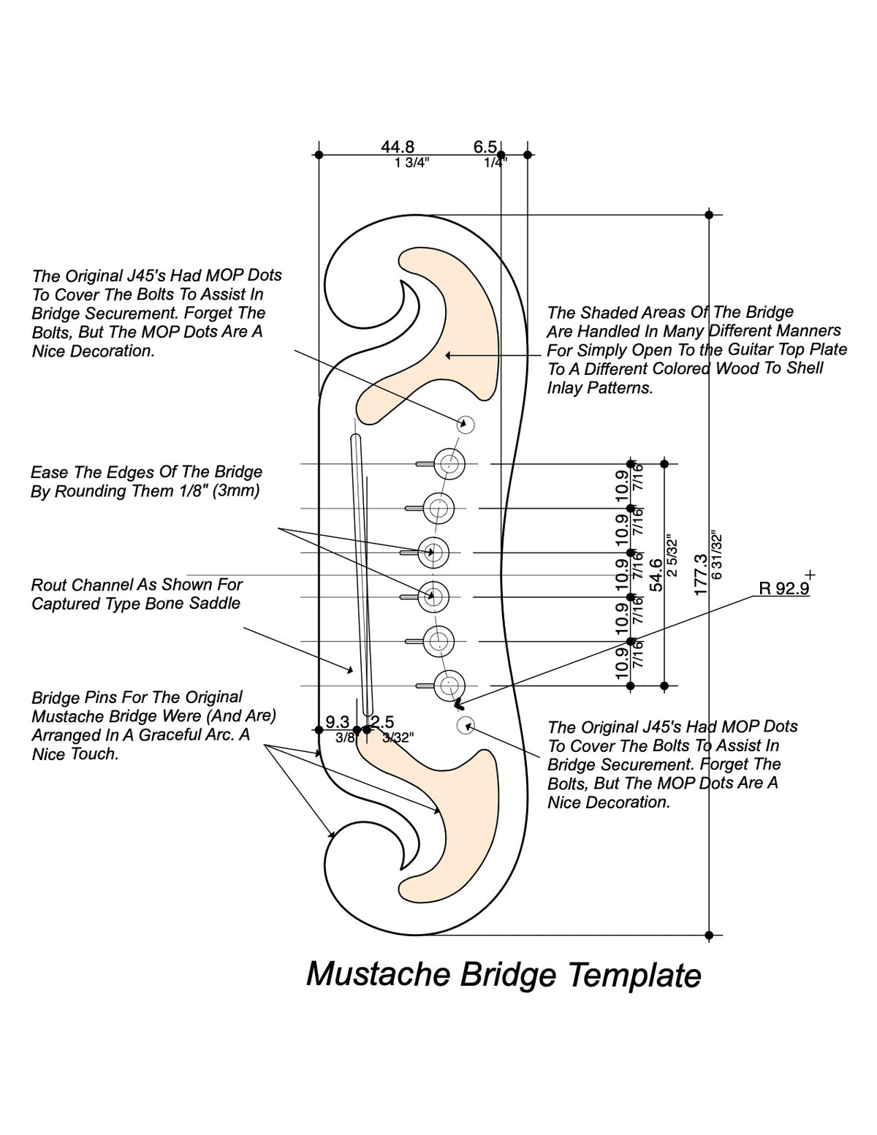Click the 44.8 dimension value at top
coord(398,147)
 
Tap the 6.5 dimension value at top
coord(485,147)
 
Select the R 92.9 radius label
coord(783,588)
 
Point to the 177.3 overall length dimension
coord(700,574)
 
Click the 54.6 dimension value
coord(656,574)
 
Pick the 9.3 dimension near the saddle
coord(337,722)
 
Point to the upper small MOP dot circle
coord(466,424)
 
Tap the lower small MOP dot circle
coord(466,725)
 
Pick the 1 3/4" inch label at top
coord(412,163)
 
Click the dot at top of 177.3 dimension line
coord(709,215)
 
